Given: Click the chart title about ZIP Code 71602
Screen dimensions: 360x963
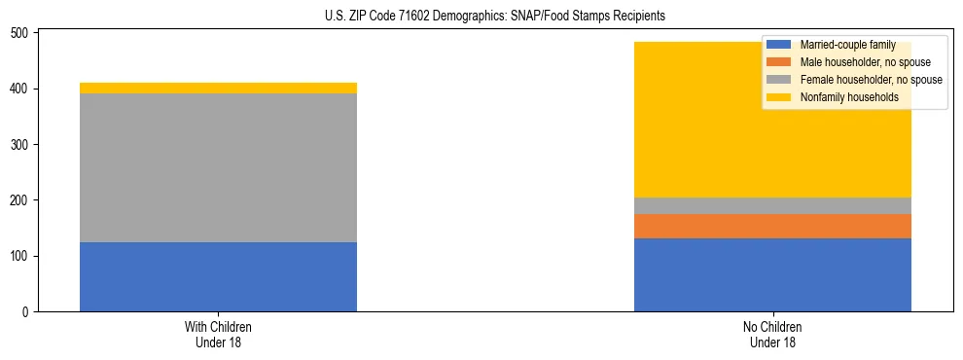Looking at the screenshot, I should (495, 17).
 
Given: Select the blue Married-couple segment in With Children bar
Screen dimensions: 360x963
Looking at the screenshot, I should (218, 276).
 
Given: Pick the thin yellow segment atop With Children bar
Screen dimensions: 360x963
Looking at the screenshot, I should (218, 88).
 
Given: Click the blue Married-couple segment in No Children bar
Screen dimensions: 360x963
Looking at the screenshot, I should (772, 274).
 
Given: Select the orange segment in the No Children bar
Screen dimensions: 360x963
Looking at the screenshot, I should (772, 226).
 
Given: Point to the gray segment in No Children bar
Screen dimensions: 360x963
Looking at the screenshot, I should (772, 205).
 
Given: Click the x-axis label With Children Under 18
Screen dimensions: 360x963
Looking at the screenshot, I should (218, 334).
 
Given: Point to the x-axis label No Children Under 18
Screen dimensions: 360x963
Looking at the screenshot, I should (772, 334).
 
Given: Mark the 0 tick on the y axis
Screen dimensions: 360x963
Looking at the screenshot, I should (28, 312).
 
